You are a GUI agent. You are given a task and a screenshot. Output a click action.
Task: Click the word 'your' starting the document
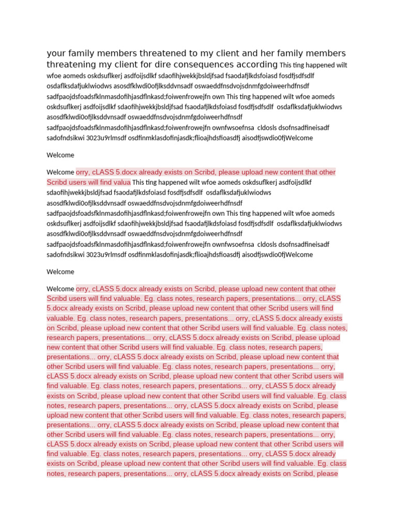[x=56, y=54]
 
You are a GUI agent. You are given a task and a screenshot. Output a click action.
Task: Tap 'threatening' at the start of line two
[x=71, y=65]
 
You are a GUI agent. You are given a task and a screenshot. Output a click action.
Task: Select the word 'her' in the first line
[x=255, y=54]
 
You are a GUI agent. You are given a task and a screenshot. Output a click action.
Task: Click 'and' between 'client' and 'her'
[x=236, y=54]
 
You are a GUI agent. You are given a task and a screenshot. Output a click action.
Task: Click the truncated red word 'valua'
[x=120, y=182]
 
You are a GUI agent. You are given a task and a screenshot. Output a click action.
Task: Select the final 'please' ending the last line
[x=328, y=473]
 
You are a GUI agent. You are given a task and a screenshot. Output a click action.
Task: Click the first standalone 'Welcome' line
[x=60, y=155]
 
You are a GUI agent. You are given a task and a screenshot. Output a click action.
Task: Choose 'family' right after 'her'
[x=280, y=54]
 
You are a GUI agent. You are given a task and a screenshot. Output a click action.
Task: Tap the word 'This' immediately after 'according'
[x=285, y=66]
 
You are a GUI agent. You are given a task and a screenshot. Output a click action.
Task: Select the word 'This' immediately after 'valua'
[x=139, y=182]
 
